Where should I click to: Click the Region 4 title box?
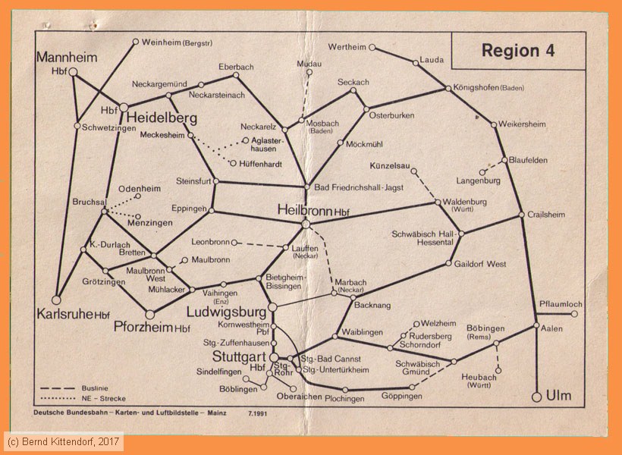(x=518, y=51)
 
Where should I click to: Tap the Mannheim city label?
(x=68, y=57)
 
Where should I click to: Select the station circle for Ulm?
(x=538, y=396)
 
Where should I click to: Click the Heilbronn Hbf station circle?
(x=306, y=224)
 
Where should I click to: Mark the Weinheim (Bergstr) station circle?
(x=136, y=42)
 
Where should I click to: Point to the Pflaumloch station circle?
(x=574, y=313)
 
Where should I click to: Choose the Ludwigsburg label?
(x=227, y=312)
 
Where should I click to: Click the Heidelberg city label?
(x=162, y=118)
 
